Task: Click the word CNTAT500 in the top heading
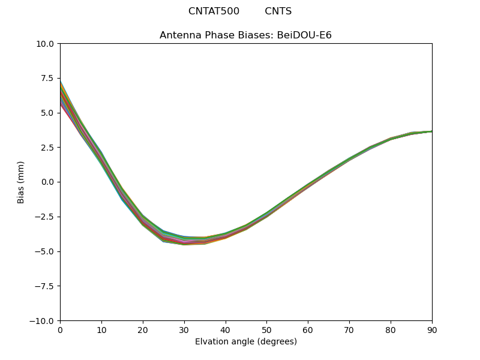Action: click(x=214, y=11)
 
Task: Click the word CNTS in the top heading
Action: click(x=278, y=11)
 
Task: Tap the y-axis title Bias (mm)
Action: click(x=21, y=182)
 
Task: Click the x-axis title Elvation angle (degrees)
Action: click(x=246, y=342)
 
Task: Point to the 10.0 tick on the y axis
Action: click(x=47, y=44)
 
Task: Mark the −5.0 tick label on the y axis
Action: click(x=47, y=251)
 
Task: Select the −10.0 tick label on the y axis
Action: click(x=44, y=321)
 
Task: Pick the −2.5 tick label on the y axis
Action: click(x=47, y=217)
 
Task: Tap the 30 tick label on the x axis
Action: click(x=184, y=329)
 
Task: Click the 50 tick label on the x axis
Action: click(x=267, y=329)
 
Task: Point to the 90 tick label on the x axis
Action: click(x=431, y=329)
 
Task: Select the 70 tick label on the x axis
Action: click(x=349, y=329)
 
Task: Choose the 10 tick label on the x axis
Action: click(x=101, y=329)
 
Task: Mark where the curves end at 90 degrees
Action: click(x=431, y=131)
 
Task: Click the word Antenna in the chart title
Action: click(x=178, y=35)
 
